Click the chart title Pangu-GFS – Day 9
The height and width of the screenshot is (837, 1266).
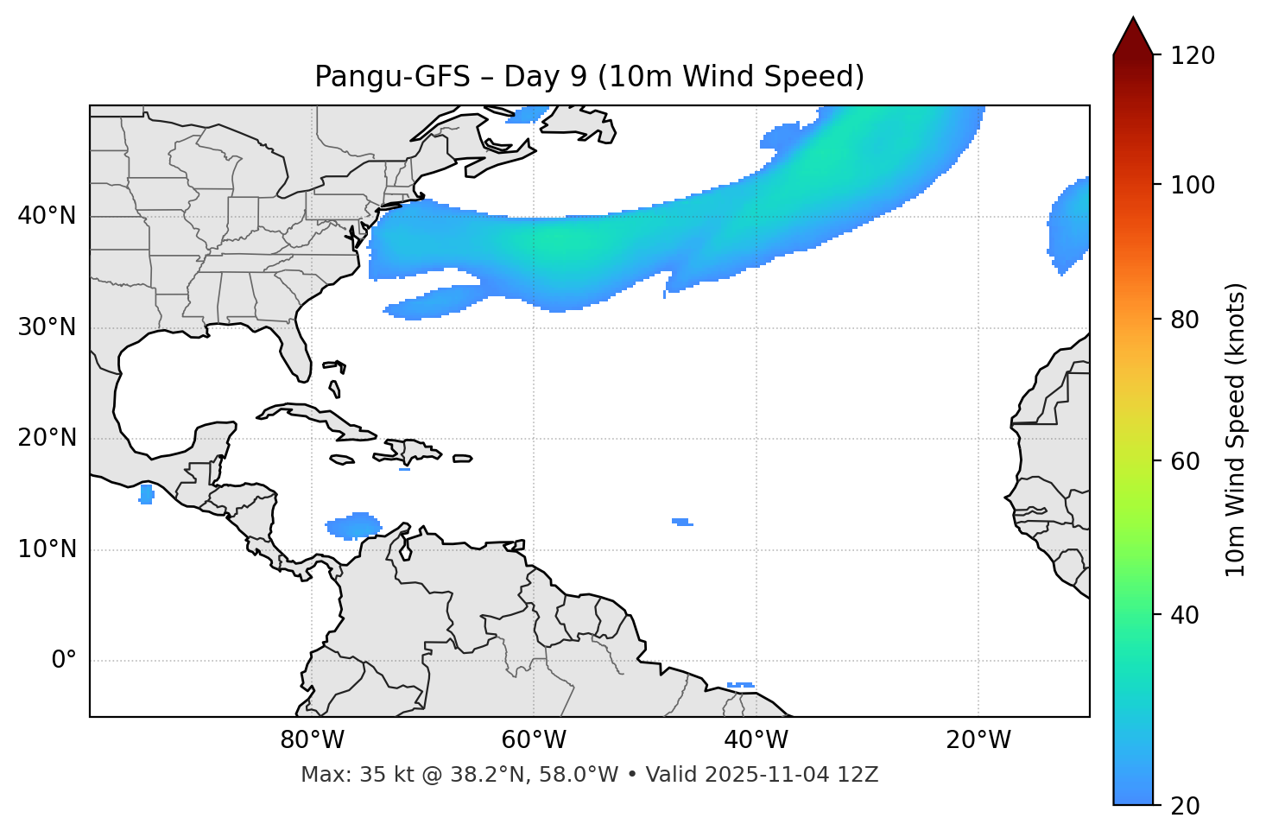[x=589, y=77]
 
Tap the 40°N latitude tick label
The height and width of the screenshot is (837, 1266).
[x=47, y=216]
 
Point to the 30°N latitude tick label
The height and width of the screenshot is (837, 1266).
[x=47, y=327]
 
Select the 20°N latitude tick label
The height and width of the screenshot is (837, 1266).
[x=47, y=438]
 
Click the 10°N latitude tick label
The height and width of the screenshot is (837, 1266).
[x=47, y=549]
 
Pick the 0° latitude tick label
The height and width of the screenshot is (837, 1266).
[x=64, y=661]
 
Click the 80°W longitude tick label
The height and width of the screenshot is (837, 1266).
[x=312, y=740]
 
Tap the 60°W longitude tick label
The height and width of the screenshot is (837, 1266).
[x=534, y=740]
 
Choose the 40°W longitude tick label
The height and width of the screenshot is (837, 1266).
[x=756, y=740]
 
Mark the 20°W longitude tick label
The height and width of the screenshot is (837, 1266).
[x=978, y=740]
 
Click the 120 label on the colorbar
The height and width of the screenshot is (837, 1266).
[x=1193, y=56]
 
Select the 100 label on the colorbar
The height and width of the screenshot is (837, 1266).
[x=1193, y=185]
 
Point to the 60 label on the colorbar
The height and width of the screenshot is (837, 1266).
[x=1186, y=461]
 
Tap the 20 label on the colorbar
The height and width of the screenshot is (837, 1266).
[x=1186, y=806]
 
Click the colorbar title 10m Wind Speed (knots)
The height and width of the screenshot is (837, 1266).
[x=1236, y=429]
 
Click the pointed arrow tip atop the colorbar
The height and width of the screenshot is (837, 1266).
[x=1133, y=21]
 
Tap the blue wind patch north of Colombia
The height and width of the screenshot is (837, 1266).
[x=354, y=525]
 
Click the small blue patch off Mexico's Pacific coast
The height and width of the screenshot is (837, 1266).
[x=146, y=494]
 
